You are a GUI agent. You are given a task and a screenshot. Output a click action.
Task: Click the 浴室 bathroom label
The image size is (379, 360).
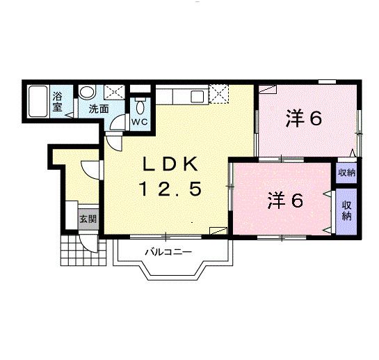pos(59,101)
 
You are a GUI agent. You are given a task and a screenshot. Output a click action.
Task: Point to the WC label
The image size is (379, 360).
pos(140,122)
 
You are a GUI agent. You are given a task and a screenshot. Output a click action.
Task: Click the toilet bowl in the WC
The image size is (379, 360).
pos(140,107)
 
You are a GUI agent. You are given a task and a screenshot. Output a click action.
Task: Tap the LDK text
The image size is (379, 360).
pos(170,165)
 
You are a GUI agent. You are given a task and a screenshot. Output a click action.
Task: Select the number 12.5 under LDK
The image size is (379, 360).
pos(170,188)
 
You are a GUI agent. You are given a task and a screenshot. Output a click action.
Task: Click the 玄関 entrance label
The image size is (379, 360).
pos(88,219)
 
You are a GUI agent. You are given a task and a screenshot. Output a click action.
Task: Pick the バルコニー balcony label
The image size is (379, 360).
pos(168,251)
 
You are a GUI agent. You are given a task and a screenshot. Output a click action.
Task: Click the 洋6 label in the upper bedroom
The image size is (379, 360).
pos(303,119)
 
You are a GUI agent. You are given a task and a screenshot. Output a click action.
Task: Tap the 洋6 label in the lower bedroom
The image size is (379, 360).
pos(286,201)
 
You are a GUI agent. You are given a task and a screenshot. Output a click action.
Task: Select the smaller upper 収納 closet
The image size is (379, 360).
pos(346,173)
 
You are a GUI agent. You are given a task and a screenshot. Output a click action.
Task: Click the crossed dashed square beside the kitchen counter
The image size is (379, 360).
pos(219,93)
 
